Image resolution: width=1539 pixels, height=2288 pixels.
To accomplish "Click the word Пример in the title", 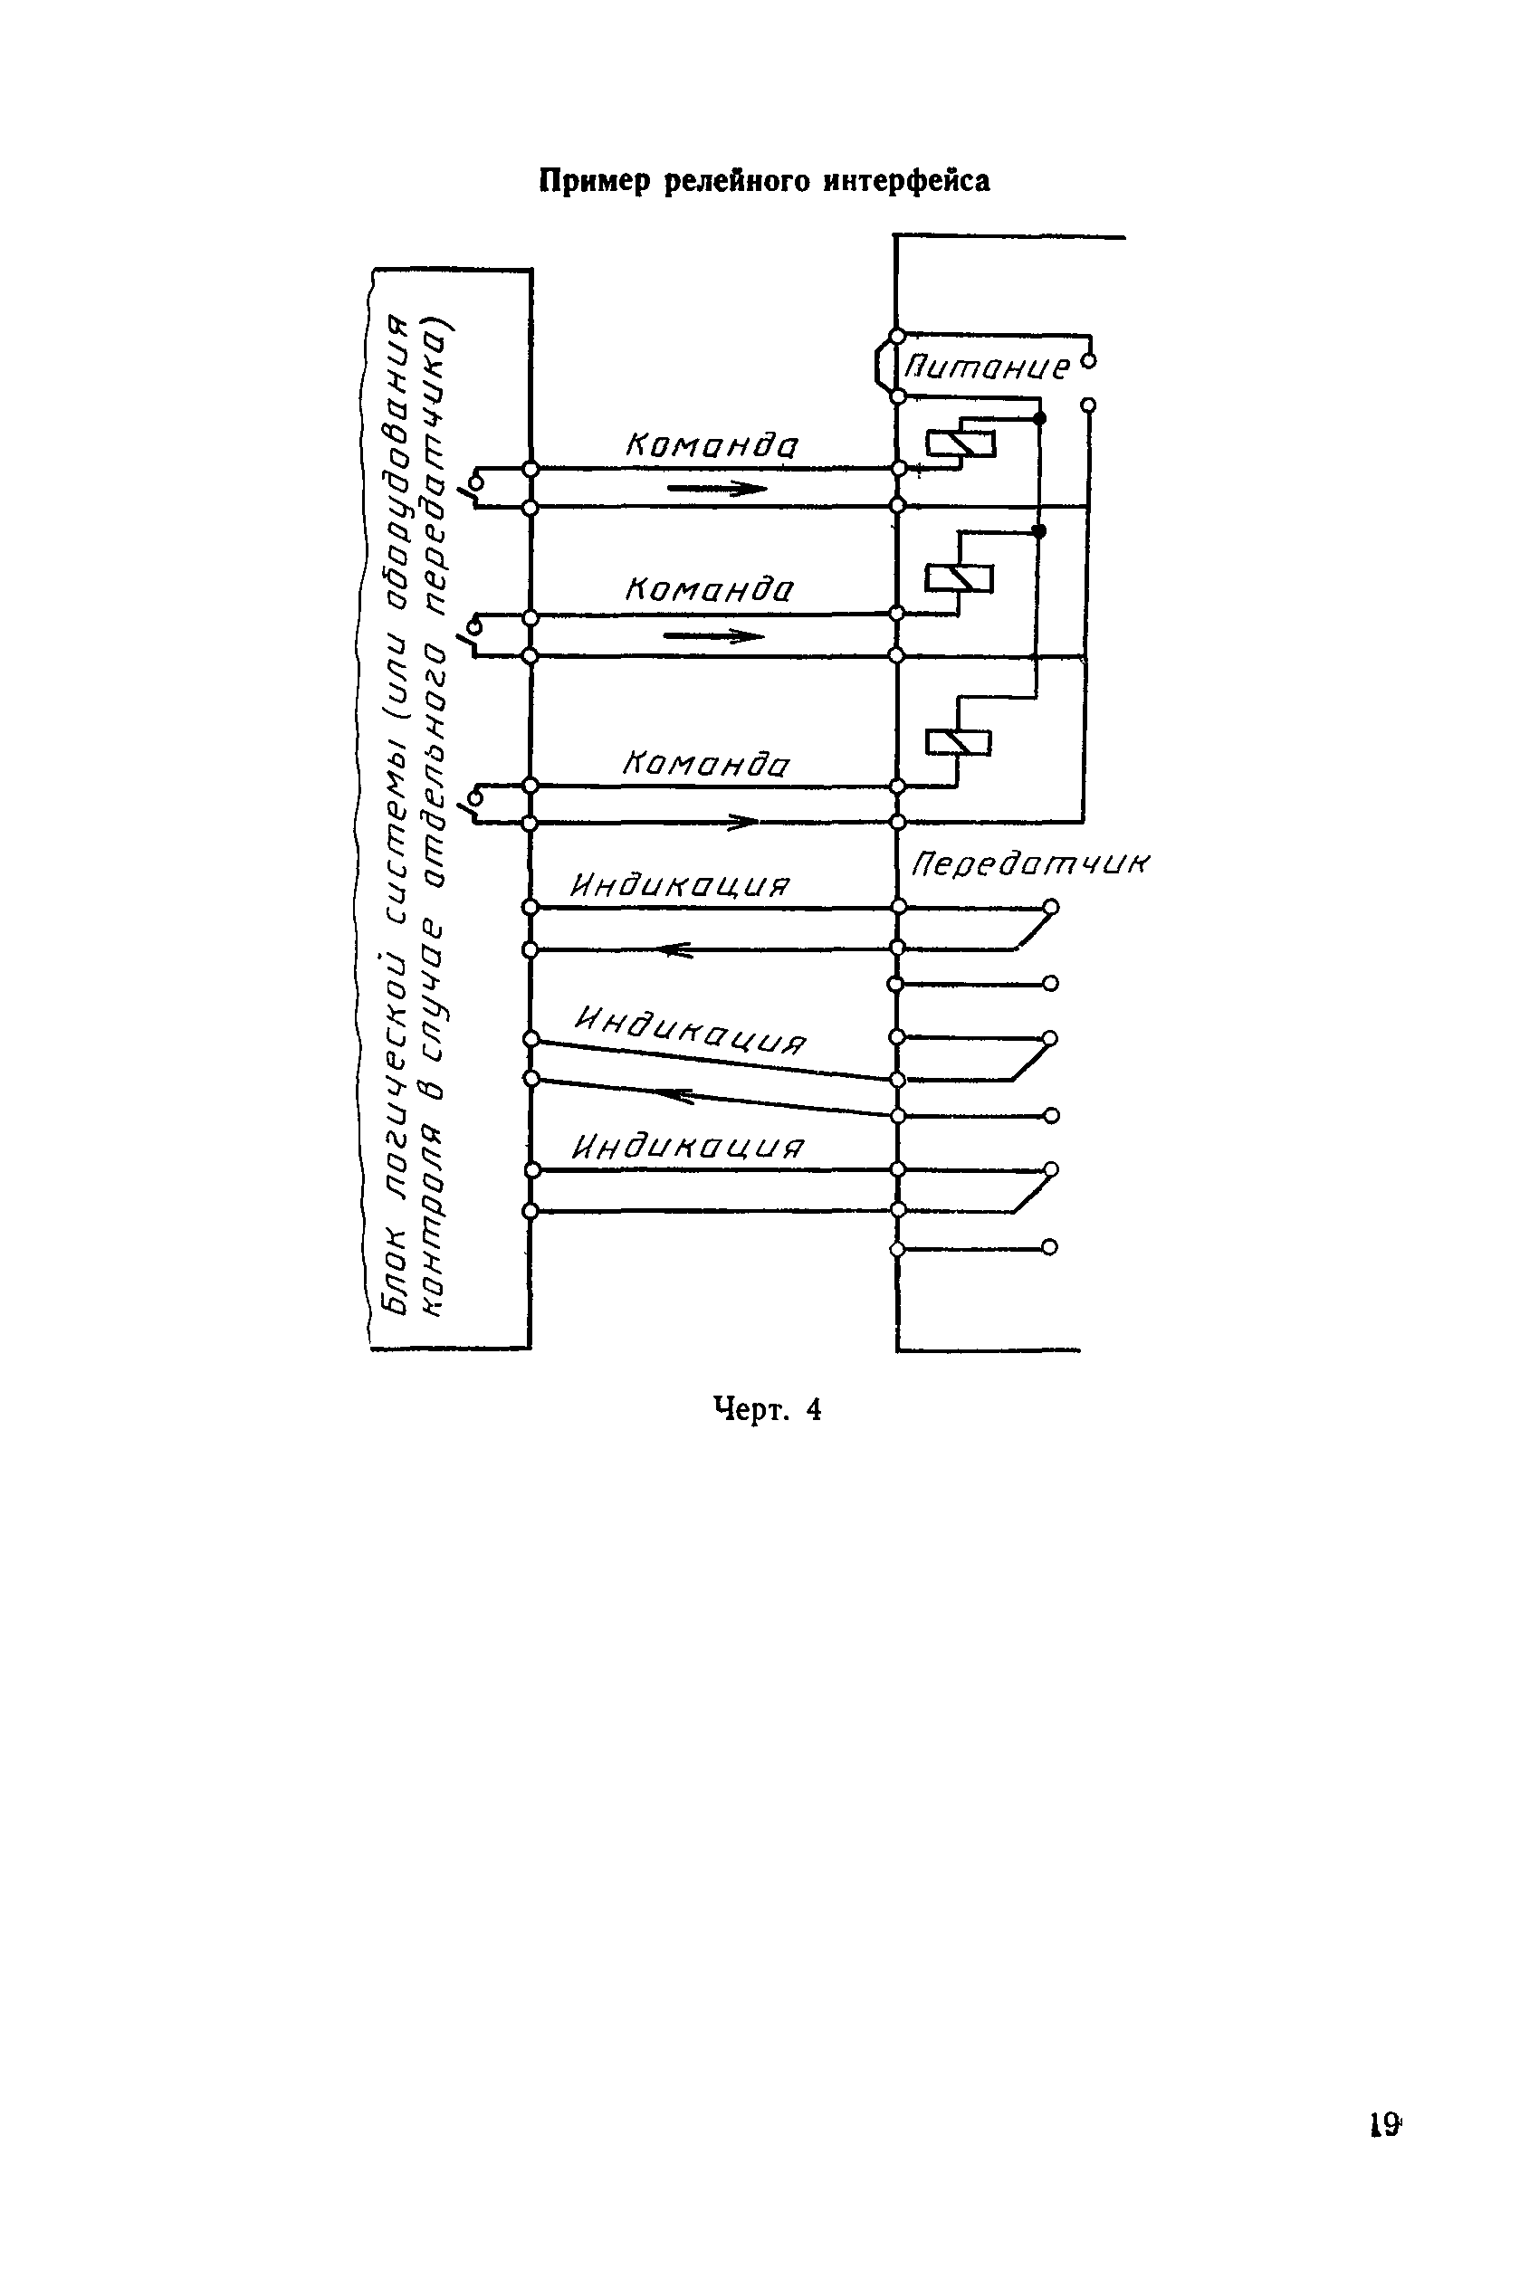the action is pyautogui.click(x=595, y=182).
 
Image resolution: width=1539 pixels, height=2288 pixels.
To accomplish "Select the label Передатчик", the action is pyautogui.click(x=1029, y=863).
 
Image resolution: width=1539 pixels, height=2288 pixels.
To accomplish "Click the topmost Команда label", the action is pyautogui.click(x=712, y=446).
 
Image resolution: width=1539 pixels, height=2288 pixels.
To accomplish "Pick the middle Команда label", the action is pyautogui.click(x=709, y=590).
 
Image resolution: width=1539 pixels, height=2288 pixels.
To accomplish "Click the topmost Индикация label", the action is pyautogui.click(x=679, y=886).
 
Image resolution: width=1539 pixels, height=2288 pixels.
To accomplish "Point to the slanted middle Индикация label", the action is pyautogui.click(x=690, y=1030).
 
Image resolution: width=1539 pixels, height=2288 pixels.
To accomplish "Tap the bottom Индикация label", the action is pyautogui.click(x=688, y=1147).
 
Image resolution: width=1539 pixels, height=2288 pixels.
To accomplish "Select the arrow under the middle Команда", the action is pyautogui.click(x=713, y=635).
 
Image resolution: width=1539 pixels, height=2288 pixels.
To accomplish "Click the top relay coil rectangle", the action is pyautogui.click(x=961, y=444).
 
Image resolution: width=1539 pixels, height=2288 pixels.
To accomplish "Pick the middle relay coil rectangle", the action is pyautogui.click(x=959, y=579).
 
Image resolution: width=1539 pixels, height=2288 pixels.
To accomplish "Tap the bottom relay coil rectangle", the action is pyautogui.click(x=958, y=743).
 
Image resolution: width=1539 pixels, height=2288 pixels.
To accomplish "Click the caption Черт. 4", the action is pyautogui.click(x=767, y=1410).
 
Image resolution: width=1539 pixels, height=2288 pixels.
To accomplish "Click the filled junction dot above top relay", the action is pyautogui.click(x=1040, y=418).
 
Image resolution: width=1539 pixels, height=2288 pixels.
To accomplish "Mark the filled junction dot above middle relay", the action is pyautogui.click(x=1040, y=530).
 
